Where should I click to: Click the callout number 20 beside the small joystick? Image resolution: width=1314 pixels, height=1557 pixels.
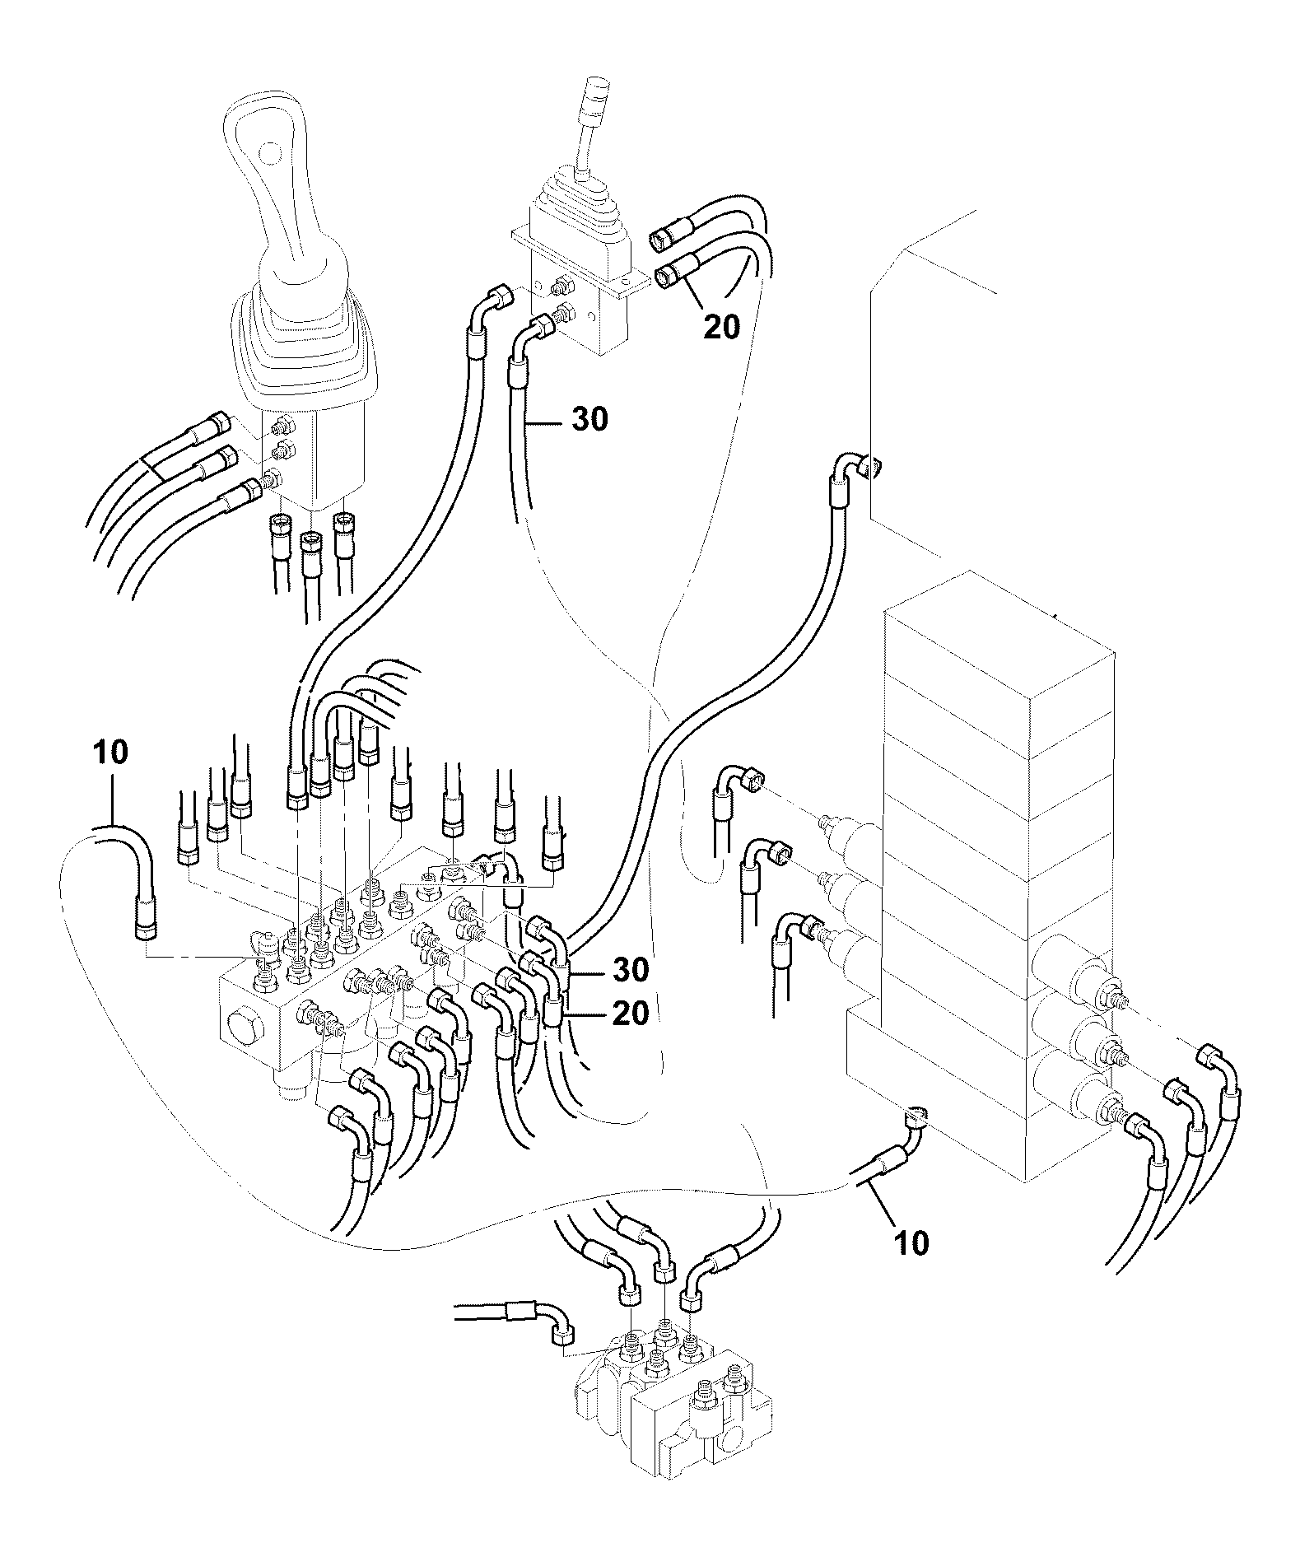pos(721,327)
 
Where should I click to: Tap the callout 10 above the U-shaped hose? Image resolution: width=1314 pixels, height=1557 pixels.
pos(110,753)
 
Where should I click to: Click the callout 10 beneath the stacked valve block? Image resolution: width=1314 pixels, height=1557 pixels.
pos(911,1242)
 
